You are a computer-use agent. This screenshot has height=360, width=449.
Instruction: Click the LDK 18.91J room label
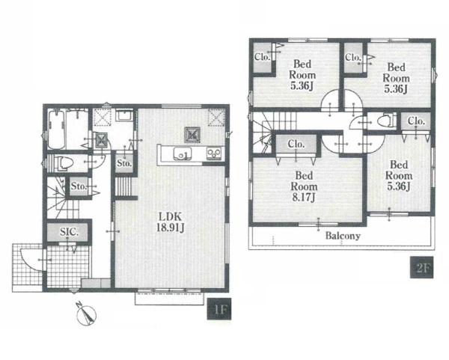(170, 222)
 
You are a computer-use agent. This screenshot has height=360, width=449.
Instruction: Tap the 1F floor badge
(219, 309)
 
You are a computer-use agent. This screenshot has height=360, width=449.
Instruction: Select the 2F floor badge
(422, 267)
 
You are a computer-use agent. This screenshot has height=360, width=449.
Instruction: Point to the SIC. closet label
(69, 232)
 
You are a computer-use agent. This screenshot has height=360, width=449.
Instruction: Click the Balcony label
(343, 236)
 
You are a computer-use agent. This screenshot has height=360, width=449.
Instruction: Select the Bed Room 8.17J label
(304, 186)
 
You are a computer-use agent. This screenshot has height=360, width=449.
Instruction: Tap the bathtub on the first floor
(56, 129)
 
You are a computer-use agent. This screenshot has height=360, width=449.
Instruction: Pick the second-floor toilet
(385, 120)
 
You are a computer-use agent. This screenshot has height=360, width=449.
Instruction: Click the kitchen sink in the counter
(182, 153)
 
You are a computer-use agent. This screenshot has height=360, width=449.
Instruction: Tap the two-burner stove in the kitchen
(214, 153)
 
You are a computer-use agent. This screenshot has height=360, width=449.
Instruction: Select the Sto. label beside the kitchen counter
(124, 163)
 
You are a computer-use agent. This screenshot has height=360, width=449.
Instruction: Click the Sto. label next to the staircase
(79, 186)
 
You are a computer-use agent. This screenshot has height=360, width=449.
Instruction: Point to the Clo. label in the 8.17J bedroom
(296, 144)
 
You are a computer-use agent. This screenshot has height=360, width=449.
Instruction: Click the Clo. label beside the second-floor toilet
(416, 120)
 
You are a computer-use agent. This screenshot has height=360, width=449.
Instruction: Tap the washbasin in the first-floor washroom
(124, 115)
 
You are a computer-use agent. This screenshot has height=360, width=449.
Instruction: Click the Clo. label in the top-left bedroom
(262, 57)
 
